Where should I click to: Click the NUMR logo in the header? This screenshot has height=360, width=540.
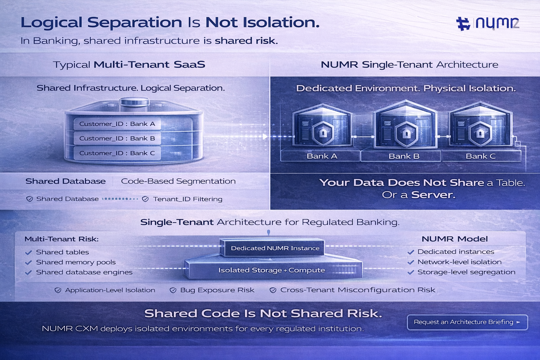pyautogui.click(x=488, y=23)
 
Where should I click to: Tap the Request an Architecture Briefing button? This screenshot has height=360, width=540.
pyautogui.click(x=467, y=322)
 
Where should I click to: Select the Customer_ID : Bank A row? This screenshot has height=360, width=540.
pyautogui.click(x=117, y=124)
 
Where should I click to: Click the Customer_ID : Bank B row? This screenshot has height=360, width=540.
pyautogui.click(x=117, y=139)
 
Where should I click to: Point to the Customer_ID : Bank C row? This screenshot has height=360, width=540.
pyautogui.click(x=117, y=153)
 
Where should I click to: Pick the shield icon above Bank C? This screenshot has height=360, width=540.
pyautogui.click(x=480, y=133)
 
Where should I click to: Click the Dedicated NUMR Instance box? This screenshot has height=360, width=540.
pyautogui.click(x=275, y=248)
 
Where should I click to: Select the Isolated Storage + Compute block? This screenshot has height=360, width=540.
pyautogui.click(x=271, y=270)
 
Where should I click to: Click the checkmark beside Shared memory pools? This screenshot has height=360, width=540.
pyautogui.click(x=29, y=263)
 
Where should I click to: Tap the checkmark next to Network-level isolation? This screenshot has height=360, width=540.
pyautogui.click(x=410, y=262)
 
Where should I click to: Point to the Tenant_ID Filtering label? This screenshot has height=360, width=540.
pyautogui.click(x=188, y=199)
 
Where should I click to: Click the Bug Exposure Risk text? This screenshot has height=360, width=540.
pyautogui.click(x=217, y=290)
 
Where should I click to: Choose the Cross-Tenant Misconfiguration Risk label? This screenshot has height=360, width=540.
pyautogui.click(x=358, y=290)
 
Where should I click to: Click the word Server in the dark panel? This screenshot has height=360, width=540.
pyautogui.click(x=433, y=195)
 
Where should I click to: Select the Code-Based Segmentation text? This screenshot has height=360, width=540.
pyautogui.click(x=178, y=181)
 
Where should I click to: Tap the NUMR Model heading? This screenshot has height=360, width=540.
pyautogui.click(x=455, y=239)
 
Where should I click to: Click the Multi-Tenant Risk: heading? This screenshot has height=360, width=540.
pyautogui.click(x=62, y=239)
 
